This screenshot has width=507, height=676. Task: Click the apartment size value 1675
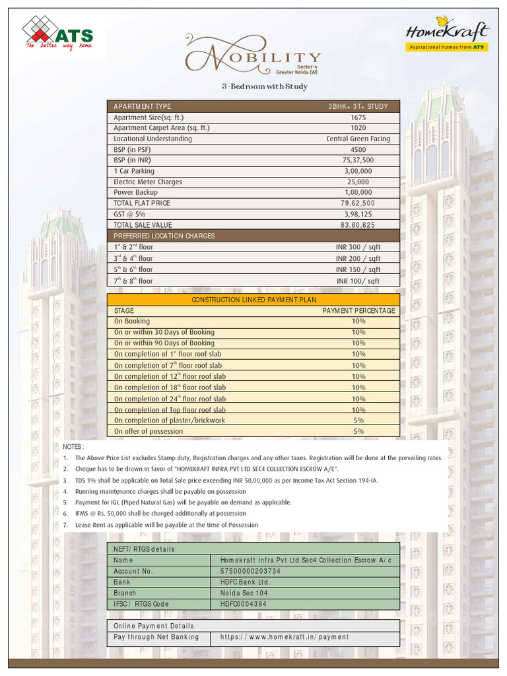pyautogui.click(x=358, y=118)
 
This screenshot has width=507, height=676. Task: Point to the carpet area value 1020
pyautogui.click(x=358, y=128)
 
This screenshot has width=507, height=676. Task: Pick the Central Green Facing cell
pyautogui.click(x=358, y=139)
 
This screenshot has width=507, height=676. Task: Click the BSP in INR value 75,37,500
pyautogui.click(x=358, y=160)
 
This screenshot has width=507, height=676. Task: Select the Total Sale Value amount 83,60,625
pyautogui.click(x=358, y=225)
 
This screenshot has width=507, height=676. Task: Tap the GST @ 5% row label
pyautogui.click(x=129, y=214)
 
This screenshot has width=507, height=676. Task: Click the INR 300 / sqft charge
pyautogui.click(x=358, y=247)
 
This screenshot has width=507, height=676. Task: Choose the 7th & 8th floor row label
pyautogui.click(x=133, y=281)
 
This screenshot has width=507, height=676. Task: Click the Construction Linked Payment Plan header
pyautogui.click(x=253, y=300)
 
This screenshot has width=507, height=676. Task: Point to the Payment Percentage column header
pyautogui.click(x=358, y=310)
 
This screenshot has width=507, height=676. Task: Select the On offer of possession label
pyautogui.click(x=149, y=431)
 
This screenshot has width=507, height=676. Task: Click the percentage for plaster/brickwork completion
pyautogui.click(x=358, y=420)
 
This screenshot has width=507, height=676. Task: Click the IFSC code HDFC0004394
pyautogui.click(x=244, y=603)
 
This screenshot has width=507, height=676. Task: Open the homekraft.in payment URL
pyautogui.click(x=285, y=637)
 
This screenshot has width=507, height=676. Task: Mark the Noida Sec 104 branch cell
pyautogui.click(x=244, y=593)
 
